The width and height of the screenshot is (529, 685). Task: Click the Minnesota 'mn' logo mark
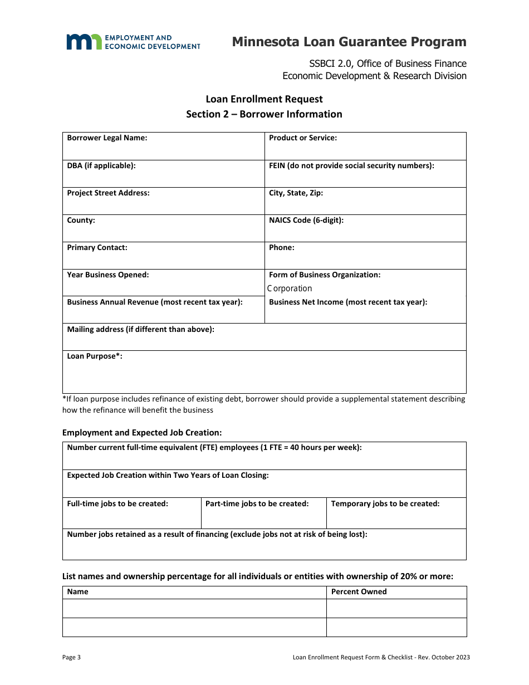tap(84, 42)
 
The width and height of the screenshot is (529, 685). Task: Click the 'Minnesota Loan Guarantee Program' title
tap(349, 42)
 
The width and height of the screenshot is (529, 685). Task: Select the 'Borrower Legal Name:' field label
tap(107, 138)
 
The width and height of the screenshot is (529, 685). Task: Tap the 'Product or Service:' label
tap(303, 138)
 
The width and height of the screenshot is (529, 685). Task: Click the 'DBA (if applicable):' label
tap(101, 165)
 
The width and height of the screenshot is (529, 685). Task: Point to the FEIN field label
tap(351, 165)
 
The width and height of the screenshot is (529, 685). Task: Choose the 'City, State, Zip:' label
tap(296, 193)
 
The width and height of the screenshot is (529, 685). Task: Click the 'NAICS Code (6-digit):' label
tap(306, 220)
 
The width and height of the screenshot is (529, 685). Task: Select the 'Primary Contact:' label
tap(97, 247)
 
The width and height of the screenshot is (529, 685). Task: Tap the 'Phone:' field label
tap(282, 247)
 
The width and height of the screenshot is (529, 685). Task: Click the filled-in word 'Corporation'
tap(290, 288)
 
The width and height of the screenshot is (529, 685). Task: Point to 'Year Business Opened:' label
tap(108, 275)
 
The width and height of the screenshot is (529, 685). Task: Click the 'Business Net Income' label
tap(348, 302)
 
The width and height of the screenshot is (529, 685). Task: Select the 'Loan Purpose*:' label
tap(95, 356)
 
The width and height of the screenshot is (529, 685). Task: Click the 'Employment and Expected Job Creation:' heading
tap(142, 433)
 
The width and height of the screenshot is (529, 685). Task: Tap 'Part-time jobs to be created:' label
tap(257, 503)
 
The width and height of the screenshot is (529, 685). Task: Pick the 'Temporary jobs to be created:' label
tap(385, 503)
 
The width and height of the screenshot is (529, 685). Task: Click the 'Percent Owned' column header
tap(359, 591)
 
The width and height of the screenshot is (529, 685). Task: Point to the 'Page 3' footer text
tap(71, 657)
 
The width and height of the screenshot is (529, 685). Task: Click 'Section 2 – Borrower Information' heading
tap(264, 114)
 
